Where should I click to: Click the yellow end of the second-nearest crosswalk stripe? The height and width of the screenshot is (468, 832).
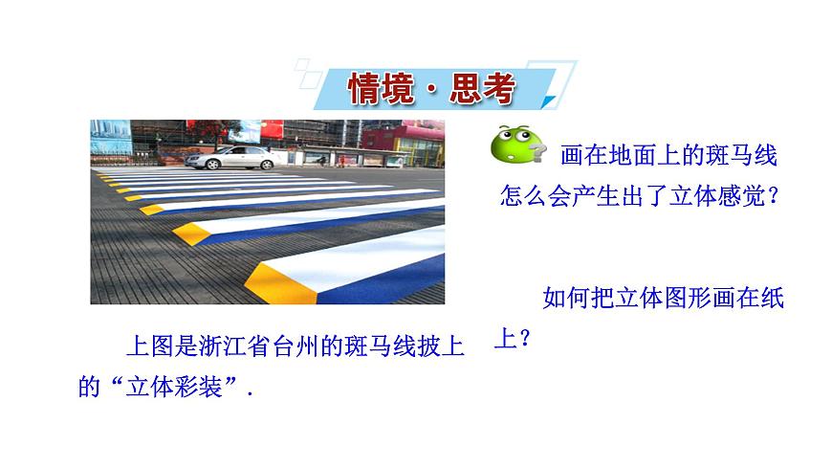pyautogui.click(x=193, y=233)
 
